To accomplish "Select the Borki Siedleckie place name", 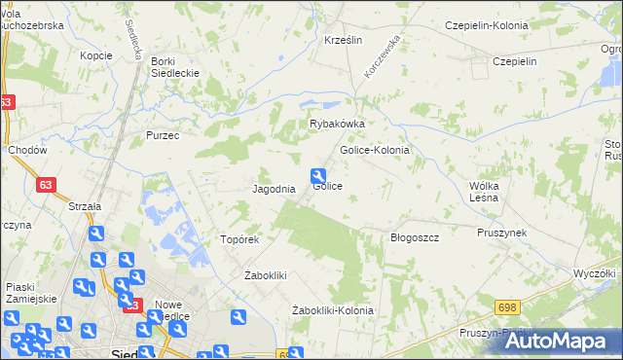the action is [x=175, y=67].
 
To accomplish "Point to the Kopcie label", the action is [x=96, y=55].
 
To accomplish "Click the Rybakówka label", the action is [x=337, y=125].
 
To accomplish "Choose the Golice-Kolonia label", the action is [x=374, y=151].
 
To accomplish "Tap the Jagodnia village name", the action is [x=274, y=189].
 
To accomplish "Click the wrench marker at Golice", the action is [x=317, y=176].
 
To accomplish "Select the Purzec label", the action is [x=163, y=135].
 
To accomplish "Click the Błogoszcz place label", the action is [x=415, y=237].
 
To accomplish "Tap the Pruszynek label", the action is [x=501, y=233].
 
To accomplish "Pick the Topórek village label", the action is [x=239, y=239].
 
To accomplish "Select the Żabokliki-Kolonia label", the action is [x=333, y=310].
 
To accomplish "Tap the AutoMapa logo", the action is [x=554, y=341].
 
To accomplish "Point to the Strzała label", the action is [x=85, y=206].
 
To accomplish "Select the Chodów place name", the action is [x=26, y=151].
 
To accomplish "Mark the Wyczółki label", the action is [x=596, y=273].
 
